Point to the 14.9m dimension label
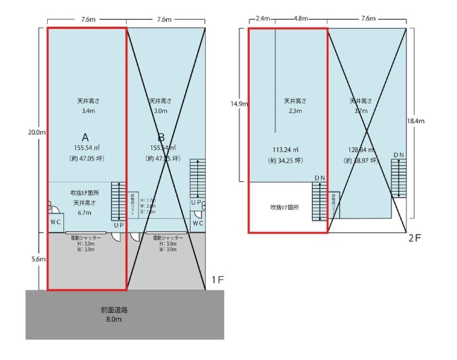239,104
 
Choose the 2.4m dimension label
263,20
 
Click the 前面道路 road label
115,310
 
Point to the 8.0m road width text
115,320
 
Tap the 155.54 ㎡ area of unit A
88,148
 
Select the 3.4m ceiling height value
88,111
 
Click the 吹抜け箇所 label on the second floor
285,208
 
